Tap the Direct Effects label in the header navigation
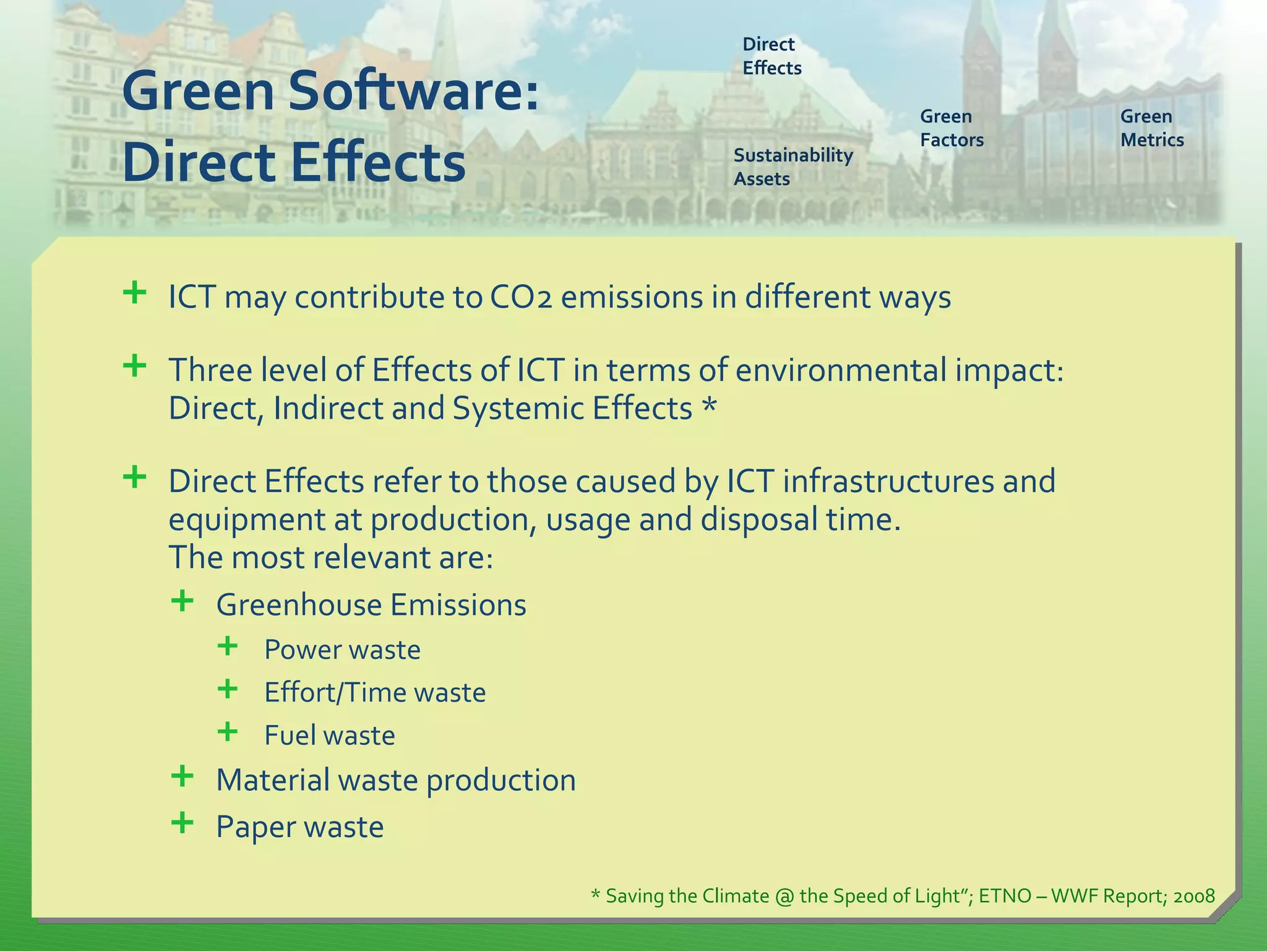pos(771,56)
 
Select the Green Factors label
pos(951,128)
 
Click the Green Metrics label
pos(1151,128)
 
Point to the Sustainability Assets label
pos(792,167)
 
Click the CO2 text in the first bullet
pos(520,297)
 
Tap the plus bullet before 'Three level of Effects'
pos(134,367)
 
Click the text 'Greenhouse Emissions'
pos(371,605)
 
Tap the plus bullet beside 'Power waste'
pos(228,646)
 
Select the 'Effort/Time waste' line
pos(374,692)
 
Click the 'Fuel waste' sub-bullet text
pos(329,736)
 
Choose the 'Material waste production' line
pos(395,780)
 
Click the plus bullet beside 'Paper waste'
pos(182,823)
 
